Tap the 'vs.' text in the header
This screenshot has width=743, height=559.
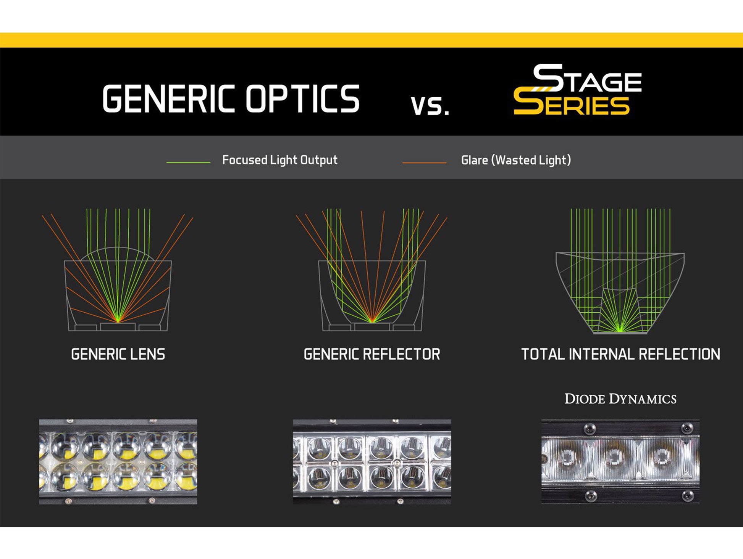click(x=430, y=106)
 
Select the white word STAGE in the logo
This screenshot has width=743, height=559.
click(x=588, y=79)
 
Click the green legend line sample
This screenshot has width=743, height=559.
click(x=188, y=162)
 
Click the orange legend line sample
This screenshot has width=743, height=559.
click(x=424, y=162)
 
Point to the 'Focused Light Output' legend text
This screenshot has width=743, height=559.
click(x=280, y=160)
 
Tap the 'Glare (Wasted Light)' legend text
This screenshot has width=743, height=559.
click(x=516, y=160)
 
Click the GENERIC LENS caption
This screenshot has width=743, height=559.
click(x=118, y=354)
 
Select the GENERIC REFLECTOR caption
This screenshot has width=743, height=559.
click(x=372, y=354)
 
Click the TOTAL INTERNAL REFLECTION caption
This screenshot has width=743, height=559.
click(x=620, y=354)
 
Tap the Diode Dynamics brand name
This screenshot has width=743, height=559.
click(x=620, y=399)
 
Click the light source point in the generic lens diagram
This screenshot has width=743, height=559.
click(x=118, y=321)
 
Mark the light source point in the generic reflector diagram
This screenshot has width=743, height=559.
click(x=372, y=321)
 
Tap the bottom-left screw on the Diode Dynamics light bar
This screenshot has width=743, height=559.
click(x=591, y=496)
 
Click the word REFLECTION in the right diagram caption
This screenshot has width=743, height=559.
click(x=679, y=354)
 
